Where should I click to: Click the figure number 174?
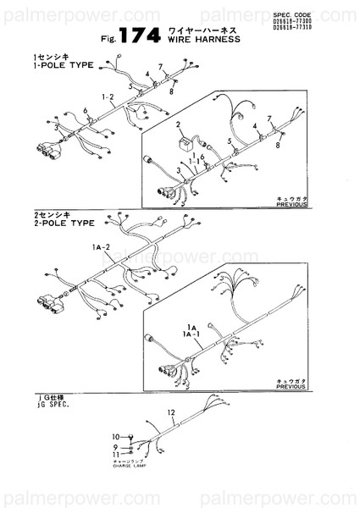(x=140, y=35)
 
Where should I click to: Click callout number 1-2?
(x=107, y=97)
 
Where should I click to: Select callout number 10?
(x=117, y=437)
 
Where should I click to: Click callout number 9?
(x=116, y=446)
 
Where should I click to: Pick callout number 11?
(x=117, y=456)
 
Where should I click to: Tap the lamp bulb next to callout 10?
(x=132, y=437)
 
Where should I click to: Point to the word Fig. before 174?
(x=108, y=39)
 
